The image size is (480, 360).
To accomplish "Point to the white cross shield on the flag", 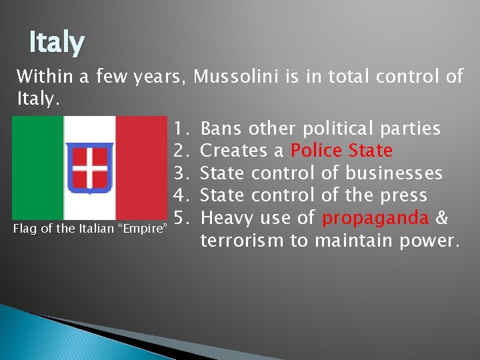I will pyautogui.click(x=90, y=167).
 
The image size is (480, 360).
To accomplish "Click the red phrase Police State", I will pyautogui.click(x=341, y=151).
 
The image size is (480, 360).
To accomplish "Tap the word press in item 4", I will pyautogui.click(x=403, y=196).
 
